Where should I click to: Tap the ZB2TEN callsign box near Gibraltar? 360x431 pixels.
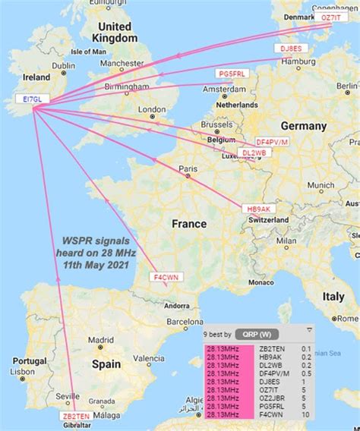tap(77, 417)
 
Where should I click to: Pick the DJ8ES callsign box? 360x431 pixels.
tap(289, 49)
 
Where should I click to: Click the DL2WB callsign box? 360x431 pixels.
tap(254, 154)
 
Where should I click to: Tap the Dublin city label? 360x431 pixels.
tap(63, 66)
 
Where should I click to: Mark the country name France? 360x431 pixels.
tap(188, 224)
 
